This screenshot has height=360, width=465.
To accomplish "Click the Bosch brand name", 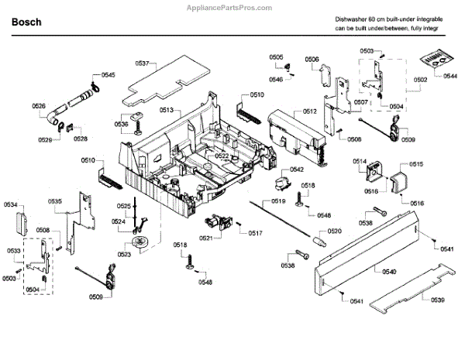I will coord(27,22).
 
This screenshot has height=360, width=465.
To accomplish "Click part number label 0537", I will coord(142,61).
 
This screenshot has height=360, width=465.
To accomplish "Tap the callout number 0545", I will coord(108,75).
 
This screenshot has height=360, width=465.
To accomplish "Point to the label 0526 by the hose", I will coord(39,106).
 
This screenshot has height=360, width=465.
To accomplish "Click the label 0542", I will coord(296,170).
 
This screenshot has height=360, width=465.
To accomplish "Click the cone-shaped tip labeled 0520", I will coord(318,242).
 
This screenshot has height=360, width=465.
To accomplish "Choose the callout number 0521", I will coord(205,238).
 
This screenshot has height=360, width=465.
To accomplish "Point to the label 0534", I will coord(10,204).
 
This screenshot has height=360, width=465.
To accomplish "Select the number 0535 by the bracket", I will coord(55,201).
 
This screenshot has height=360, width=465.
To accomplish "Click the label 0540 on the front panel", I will coord(389,271).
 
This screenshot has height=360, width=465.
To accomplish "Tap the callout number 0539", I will coord(437,300).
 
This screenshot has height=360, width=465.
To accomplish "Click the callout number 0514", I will coord(360,161).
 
